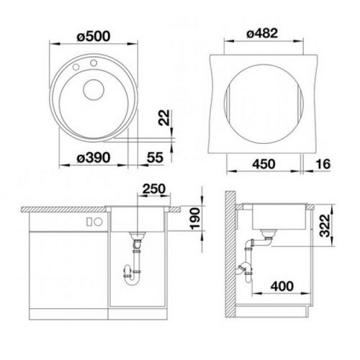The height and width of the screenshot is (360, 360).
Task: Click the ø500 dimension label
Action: point(94,37)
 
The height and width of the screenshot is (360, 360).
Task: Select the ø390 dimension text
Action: point(94,158)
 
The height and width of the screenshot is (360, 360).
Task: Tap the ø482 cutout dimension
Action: point(262,33)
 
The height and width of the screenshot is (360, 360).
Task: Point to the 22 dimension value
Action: point(164,117)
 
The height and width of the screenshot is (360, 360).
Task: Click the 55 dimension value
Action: point(155,158)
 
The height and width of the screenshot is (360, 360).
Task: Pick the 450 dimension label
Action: point(264,164)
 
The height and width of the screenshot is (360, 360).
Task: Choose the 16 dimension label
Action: point(323,164)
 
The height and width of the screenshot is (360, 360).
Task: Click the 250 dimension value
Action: point(154,189)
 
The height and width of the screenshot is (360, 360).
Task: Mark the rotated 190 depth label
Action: point(194,218)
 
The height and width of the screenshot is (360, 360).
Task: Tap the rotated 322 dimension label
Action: point(325,225)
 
